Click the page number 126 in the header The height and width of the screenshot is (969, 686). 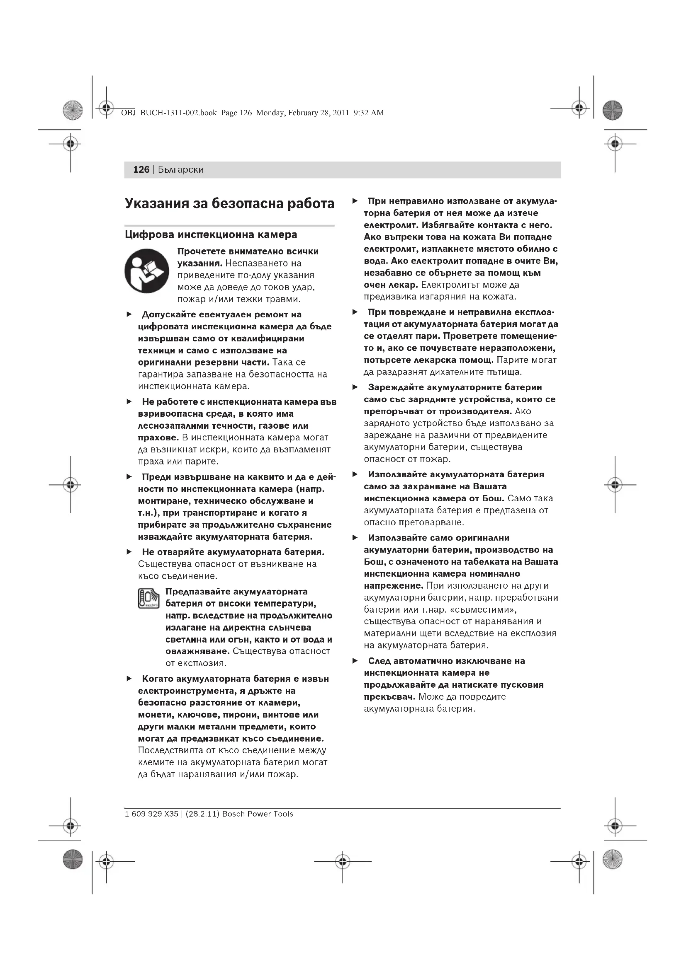[141, 170]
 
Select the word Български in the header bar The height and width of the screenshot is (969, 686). [181, 170]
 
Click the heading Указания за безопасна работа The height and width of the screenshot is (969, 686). [229, 203]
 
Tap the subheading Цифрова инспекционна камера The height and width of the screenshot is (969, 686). [211, 234]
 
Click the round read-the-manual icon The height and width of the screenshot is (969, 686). [146, 271]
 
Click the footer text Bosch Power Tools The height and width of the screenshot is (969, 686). [258, 814]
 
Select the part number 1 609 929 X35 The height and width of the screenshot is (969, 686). [152, 814]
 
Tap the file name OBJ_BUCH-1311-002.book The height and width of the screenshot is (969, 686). [168, 113]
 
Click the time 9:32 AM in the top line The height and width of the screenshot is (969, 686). [368, 113]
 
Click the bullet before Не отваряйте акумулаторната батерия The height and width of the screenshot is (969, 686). [129, 552]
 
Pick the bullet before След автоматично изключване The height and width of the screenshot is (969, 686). [355, 661]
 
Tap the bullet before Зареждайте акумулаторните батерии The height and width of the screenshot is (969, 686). [355, 387]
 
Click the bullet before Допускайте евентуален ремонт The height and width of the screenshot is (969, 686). [129, 314]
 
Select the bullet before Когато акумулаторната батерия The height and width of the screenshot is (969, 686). [129, 679]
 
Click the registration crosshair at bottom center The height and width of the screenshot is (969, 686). [343, 861]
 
